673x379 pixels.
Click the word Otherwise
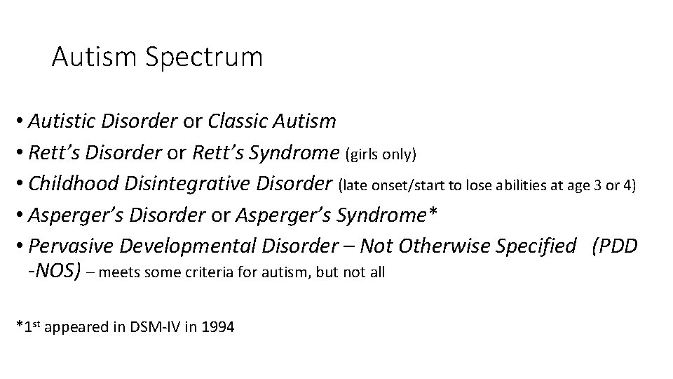441,246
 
